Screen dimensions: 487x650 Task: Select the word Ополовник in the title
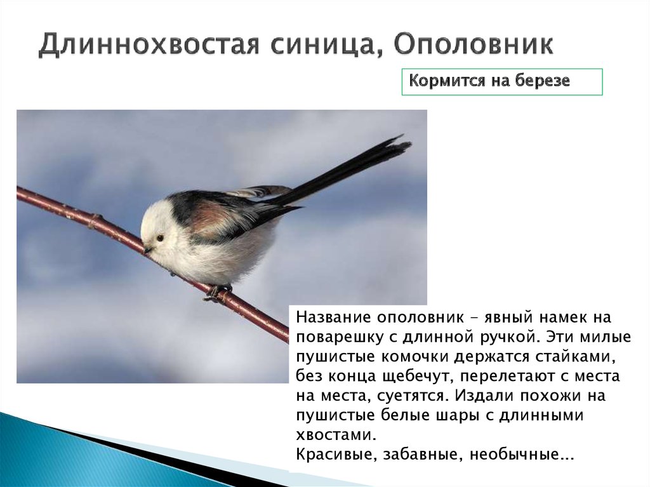coord(473,46)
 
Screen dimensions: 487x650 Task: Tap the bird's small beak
coord(147,250)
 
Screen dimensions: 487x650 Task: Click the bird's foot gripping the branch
coord(217,291)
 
